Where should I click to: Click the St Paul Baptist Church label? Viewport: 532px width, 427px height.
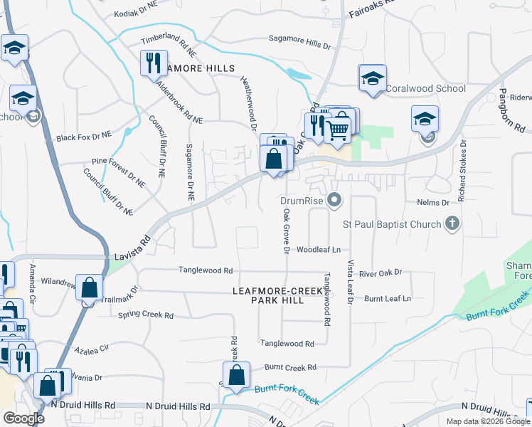click(x=392, y=225)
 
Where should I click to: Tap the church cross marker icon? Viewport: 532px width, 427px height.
click(x=451, y=224)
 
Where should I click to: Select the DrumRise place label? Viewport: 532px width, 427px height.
click(x=301, y=201)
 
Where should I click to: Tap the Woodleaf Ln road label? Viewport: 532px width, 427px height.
click(x=319, y=250)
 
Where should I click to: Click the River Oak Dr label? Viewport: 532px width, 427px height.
click(x=381, y=273)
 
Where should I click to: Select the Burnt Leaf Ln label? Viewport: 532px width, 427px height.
click(x=388, y=298)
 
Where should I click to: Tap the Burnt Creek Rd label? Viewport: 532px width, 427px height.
click(x=289, y=368)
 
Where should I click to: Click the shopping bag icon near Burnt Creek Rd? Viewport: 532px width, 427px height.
click(x=236, y=374)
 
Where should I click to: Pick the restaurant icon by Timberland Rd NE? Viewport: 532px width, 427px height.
click(x=154, y=64)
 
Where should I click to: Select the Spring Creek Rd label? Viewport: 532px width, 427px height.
click(x=145, y=315)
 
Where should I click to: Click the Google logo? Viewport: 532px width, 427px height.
click(x=24, y=418)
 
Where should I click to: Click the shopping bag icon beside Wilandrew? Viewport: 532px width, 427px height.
click(x=90, y=289)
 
